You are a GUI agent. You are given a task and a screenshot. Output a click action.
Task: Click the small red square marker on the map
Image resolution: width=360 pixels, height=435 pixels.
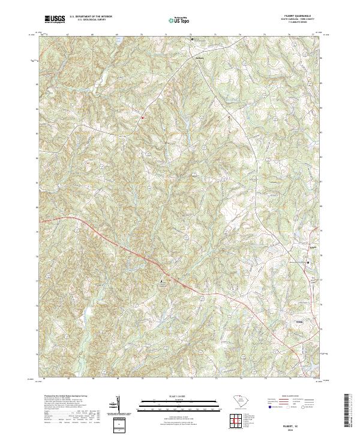[x=142, y=118]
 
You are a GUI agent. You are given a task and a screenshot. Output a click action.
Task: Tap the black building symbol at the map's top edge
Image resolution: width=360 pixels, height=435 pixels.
[x=193, y=38]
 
